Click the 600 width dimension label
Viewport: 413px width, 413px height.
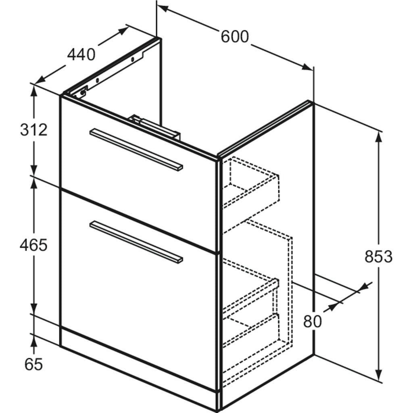pos(234,37)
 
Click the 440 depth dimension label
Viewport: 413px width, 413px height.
pos(81,55)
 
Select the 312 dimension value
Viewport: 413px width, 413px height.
pos(34,130)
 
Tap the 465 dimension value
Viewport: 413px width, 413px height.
pos(33,245)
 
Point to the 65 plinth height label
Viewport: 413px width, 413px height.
pos(33,365)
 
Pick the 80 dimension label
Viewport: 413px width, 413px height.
pos(313,321)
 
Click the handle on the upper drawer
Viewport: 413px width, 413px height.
pos(136,150)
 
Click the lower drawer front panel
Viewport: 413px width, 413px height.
pos(139,290)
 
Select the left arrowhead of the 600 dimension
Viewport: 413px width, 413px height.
pos(163,8)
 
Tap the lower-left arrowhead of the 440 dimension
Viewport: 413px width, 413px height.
pos(40,80)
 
